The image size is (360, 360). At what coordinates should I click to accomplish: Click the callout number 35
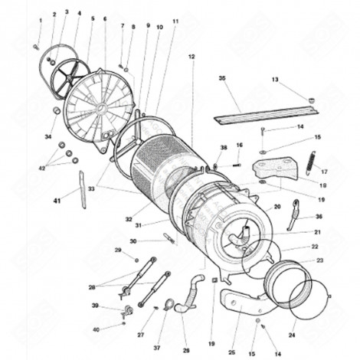pyautogui.click(x=223, y=78)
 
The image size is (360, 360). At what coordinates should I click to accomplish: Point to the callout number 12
pyautogui.click(x=191, y=57)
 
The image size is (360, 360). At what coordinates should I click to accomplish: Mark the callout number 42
pyautogui.click(x=43, y=168)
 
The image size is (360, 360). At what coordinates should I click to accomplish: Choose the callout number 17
pyautogui.click(x=324, y=172)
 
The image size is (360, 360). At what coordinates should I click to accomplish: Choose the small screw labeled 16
pyautogui.click(x=236, y=162)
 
